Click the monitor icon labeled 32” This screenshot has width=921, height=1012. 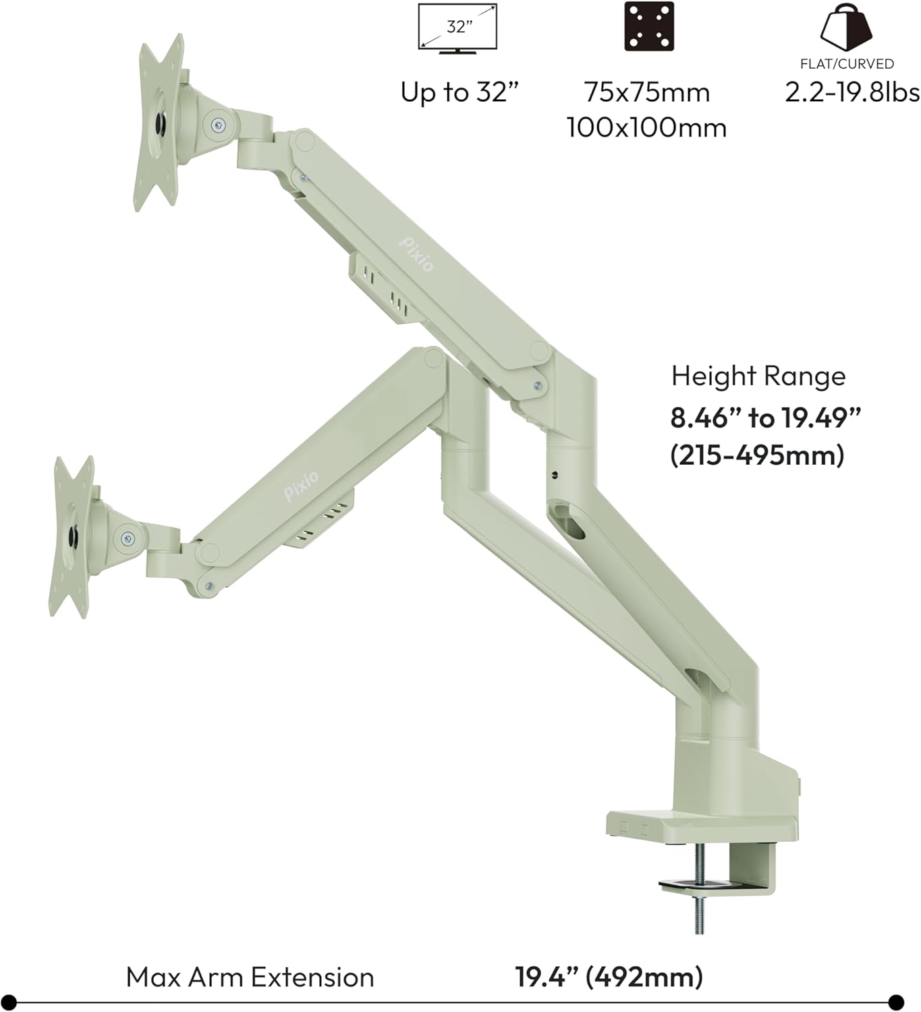coord(457,28)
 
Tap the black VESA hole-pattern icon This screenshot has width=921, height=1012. coord(648,27)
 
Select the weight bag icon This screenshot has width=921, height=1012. coord(846,27)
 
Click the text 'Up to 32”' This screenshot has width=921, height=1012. coord(462,92)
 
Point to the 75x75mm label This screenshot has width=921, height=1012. coord(647,92)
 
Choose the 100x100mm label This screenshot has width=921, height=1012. coord(646,127)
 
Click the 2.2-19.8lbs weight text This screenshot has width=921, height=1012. coord(852,92)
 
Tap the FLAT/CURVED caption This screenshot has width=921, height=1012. coord(847,64)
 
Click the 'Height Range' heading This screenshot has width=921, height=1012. coord(758,376)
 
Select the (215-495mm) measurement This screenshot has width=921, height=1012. coord(757,455)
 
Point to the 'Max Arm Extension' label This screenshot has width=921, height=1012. coord(250,977)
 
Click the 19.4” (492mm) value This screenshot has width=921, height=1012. coord(609,977)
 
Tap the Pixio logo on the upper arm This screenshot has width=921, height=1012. coord(416,254)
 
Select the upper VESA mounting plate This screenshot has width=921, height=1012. coord(160,122)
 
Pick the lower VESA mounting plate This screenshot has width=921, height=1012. coord(72,537)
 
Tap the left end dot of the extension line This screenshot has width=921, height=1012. coord(9,1002)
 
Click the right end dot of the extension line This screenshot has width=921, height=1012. coord(896,1002)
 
